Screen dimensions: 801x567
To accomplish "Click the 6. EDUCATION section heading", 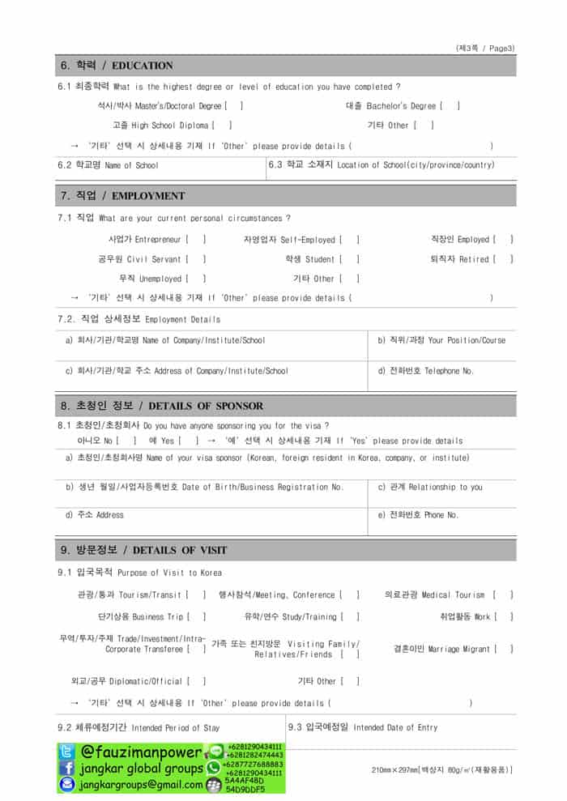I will tap(117, 66).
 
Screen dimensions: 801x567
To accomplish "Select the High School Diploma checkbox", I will tap(222, 126).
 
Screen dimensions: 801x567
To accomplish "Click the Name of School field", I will tap(162, 166).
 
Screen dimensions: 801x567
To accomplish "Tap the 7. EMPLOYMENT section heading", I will tap(122, 196).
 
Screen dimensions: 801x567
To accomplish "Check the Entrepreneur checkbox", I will tap(195, 240).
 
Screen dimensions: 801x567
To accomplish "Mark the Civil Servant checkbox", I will tap(195, 259).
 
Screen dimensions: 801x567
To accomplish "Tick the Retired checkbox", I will tap(503, 259).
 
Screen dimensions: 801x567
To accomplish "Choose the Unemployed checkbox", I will tap(195, 279).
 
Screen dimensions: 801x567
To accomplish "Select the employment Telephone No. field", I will tap(441, 377).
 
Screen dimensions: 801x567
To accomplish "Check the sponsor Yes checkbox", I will tap(188, 441).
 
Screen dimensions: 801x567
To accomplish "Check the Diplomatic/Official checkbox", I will tap(195, 681).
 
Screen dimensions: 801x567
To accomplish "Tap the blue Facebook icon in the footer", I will tap(67, 768).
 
